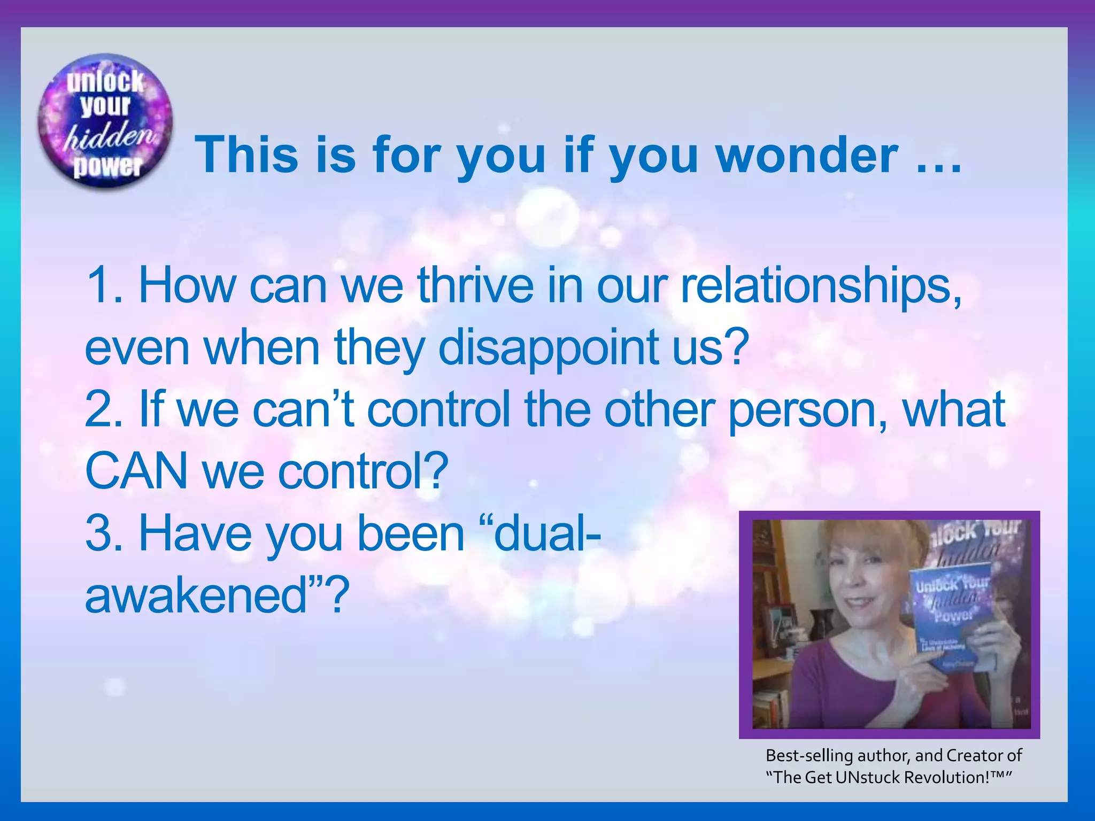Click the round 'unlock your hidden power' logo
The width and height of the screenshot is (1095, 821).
coord(105,122)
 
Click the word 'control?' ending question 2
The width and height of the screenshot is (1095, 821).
coord(363,471)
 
